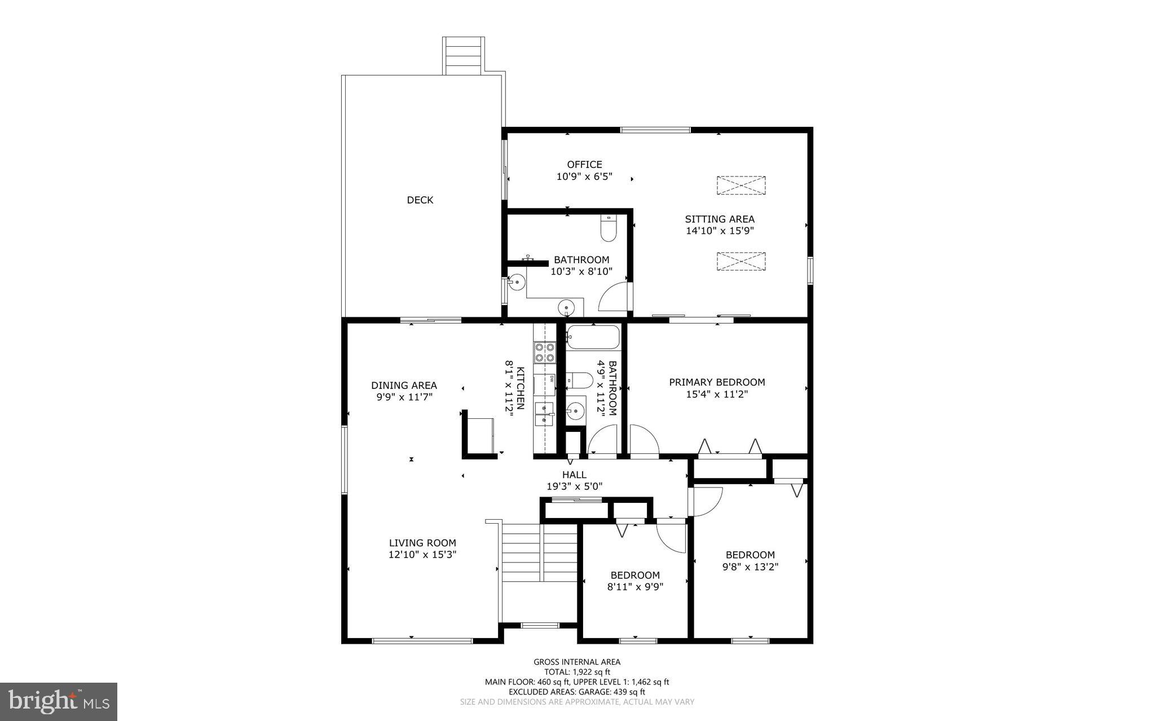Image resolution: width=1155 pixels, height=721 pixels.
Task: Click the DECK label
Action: click(x=420, y=200)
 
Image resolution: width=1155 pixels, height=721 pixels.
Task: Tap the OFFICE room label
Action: click(x=584, y=165)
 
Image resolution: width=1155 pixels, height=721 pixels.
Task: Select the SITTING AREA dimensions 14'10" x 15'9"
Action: click(x=720, y=231)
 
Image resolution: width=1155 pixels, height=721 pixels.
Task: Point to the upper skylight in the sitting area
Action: click(x=741, y=185)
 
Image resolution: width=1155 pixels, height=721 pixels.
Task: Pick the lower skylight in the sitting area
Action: click(x=741, y=261)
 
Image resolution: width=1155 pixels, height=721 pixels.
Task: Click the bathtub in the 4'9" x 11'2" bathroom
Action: click(x=593, y=338)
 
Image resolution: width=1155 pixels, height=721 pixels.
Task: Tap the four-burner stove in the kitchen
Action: click(x=544, y=352)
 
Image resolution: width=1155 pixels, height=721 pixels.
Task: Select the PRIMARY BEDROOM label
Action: click(x=717, y=382)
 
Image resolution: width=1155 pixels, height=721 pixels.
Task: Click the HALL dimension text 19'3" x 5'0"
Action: click(x=574, y=486)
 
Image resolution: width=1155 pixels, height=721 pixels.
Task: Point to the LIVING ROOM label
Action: click(x=422, y=543)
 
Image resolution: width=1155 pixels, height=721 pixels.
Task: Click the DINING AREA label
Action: click(x=404, y=386)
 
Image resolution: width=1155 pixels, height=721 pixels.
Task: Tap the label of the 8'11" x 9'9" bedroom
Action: click(x=635, y=575)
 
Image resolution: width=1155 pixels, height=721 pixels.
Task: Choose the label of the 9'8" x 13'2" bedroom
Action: click(x=750, y=555)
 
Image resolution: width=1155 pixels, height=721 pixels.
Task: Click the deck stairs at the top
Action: click(x=464, y=55)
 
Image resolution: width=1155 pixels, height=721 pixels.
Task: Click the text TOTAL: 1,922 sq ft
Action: click(x=577, y=672)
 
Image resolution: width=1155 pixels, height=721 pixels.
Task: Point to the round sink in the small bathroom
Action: click(x=575, y=412)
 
